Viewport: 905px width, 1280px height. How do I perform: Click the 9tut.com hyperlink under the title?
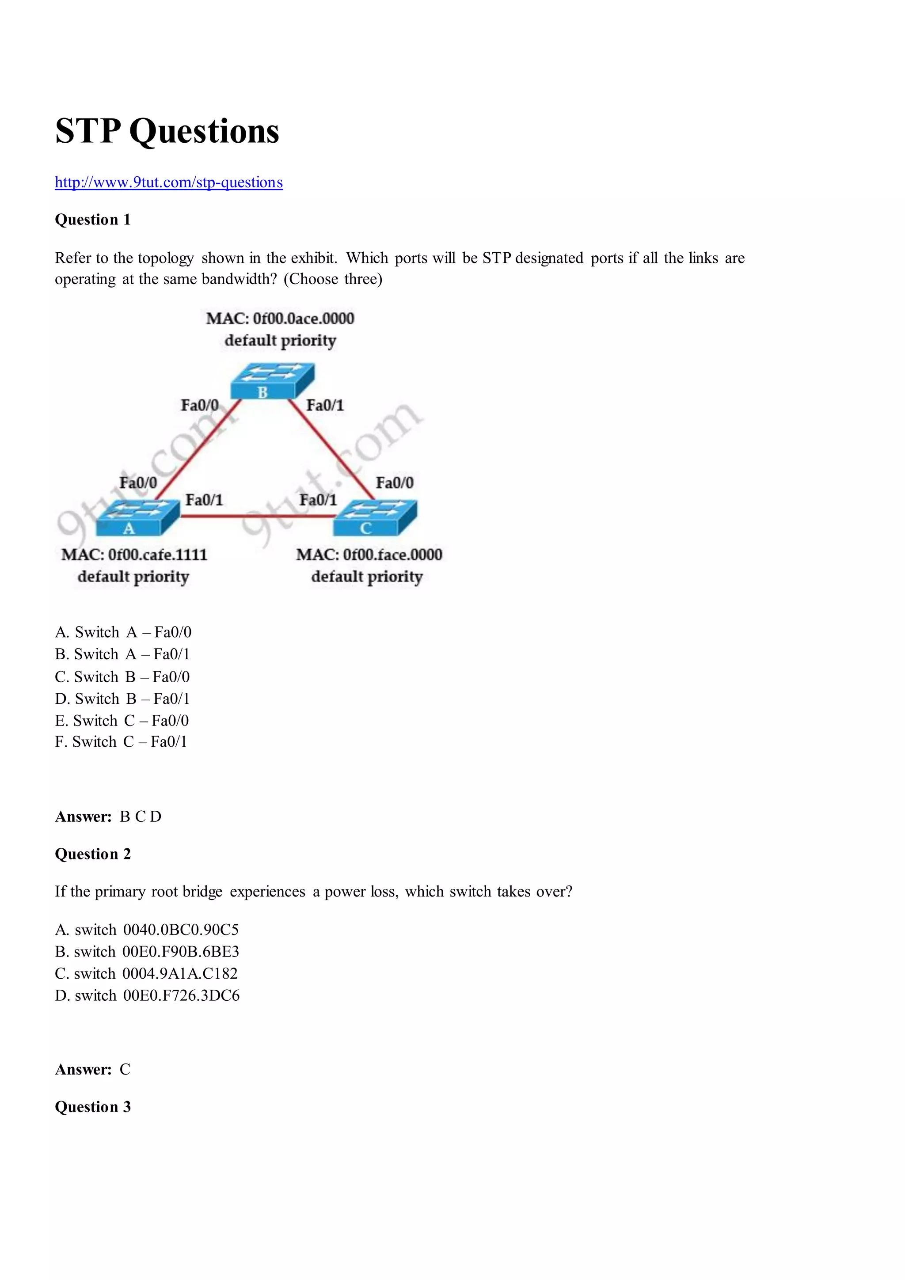168,182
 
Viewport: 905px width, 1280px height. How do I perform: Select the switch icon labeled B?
272,381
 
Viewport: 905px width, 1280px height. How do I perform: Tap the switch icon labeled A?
137,517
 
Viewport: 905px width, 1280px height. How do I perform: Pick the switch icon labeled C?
375,517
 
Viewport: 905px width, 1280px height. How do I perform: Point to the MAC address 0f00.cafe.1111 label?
134,555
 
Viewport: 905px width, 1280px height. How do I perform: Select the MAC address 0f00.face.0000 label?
369,555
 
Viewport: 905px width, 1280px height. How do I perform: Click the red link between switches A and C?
256,516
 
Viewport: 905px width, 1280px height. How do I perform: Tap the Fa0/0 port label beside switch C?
394,483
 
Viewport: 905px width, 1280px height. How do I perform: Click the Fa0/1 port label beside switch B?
325,405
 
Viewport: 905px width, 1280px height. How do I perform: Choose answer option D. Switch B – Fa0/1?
122,699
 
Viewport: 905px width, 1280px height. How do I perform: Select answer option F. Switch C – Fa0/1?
121,741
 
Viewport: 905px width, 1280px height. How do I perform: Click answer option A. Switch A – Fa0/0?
123,632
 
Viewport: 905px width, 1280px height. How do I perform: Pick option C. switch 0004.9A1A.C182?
146,973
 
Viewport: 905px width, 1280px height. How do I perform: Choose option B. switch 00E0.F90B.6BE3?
147,952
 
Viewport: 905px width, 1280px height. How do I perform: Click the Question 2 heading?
92,854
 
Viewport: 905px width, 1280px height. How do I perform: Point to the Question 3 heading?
92,1107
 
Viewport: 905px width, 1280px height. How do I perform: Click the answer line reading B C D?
108,817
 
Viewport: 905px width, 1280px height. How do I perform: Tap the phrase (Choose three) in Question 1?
333,279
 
